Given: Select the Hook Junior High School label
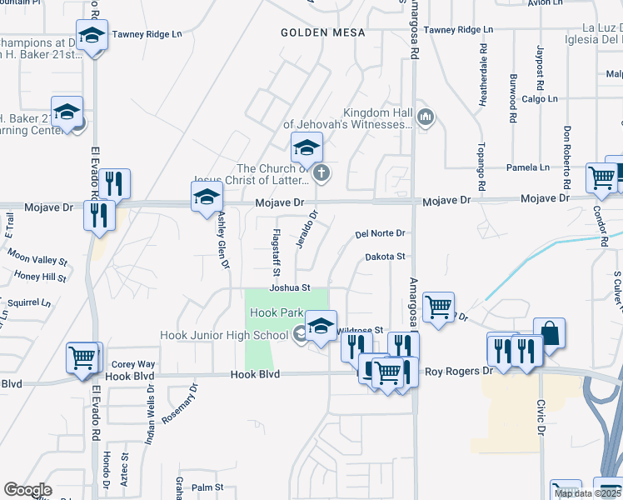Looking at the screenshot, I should pos(225,335).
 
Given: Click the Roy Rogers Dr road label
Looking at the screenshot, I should pos(459,372).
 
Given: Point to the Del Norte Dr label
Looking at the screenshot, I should pos(379,234).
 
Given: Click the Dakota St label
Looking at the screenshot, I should pos(385,257).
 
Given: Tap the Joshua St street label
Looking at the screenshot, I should pos(289,287).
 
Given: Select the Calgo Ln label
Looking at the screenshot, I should pos(540,98).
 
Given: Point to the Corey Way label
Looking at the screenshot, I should pos(133,364).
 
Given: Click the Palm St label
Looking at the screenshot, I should pos(207,487).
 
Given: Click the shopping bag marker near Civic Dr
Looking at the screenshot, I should pos(549,333).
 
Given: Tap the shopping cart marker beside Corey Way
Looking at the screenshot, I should pos(83,358).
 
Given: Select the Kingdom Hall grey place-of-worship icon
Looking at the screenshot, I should pos(426,117).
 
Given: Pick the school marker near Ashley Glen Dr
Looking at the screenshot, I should pos(206,197).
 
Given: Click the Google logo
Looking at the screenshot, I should pos(27,490).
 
